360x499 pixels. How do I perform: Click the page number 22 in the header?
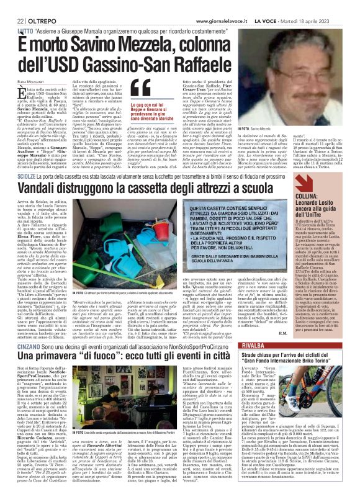11,6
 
